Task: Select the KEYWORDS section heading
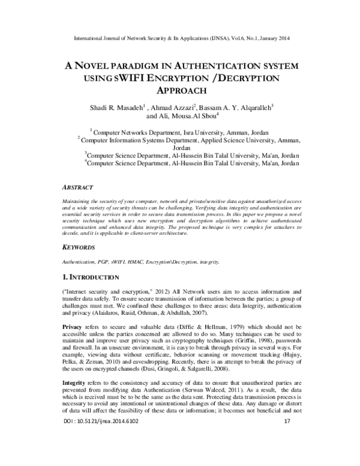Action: coord(80,247)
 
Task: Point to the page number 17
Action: coord(286,456)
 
